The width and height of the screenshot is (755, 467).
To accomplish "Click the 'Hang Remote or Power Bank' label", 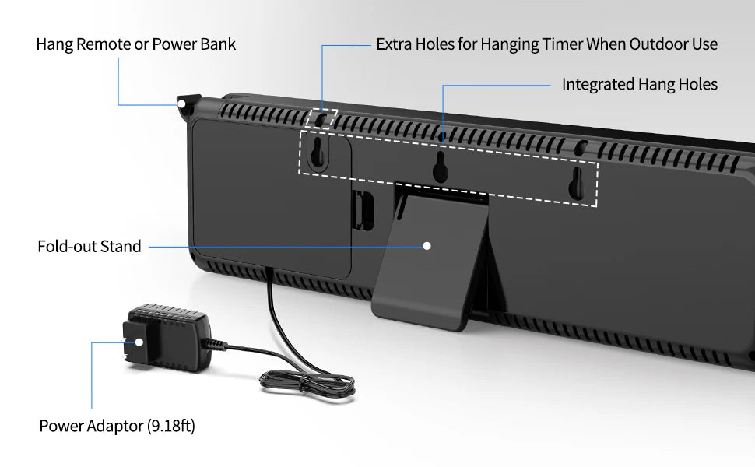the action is point(135,44).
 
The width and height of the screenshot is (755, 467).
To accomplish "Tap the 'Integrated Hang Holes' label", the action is point(640,84).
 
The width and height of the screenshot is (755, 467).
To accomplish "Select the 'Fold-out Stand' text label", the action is point(89,246).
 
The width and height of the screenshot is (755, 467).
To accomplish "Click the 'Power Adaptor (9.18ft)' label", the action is point(117,426).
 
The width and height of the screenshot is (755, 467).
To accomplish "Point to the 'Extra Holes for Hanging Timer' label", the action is point(547,44).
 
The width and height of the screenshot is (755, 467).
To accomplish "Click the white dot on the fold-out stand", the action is point(427,246).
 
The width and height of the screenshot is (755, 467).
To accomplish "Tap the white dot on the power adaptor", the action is point(139,342).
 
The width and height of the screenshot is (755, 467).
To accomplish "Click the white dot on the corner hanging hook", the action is point(181,104).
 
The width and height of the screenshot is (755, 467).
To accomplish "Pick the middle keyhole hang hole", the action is point(440,167).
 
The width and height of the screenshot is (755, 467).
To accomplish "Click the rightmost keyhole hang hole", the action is point(576,182).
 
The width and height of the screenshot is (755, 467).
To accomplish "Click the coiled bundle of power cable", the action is point(307,383).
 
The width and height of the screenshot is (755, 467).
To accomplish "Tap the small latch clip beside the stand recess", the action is point(363,209).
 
